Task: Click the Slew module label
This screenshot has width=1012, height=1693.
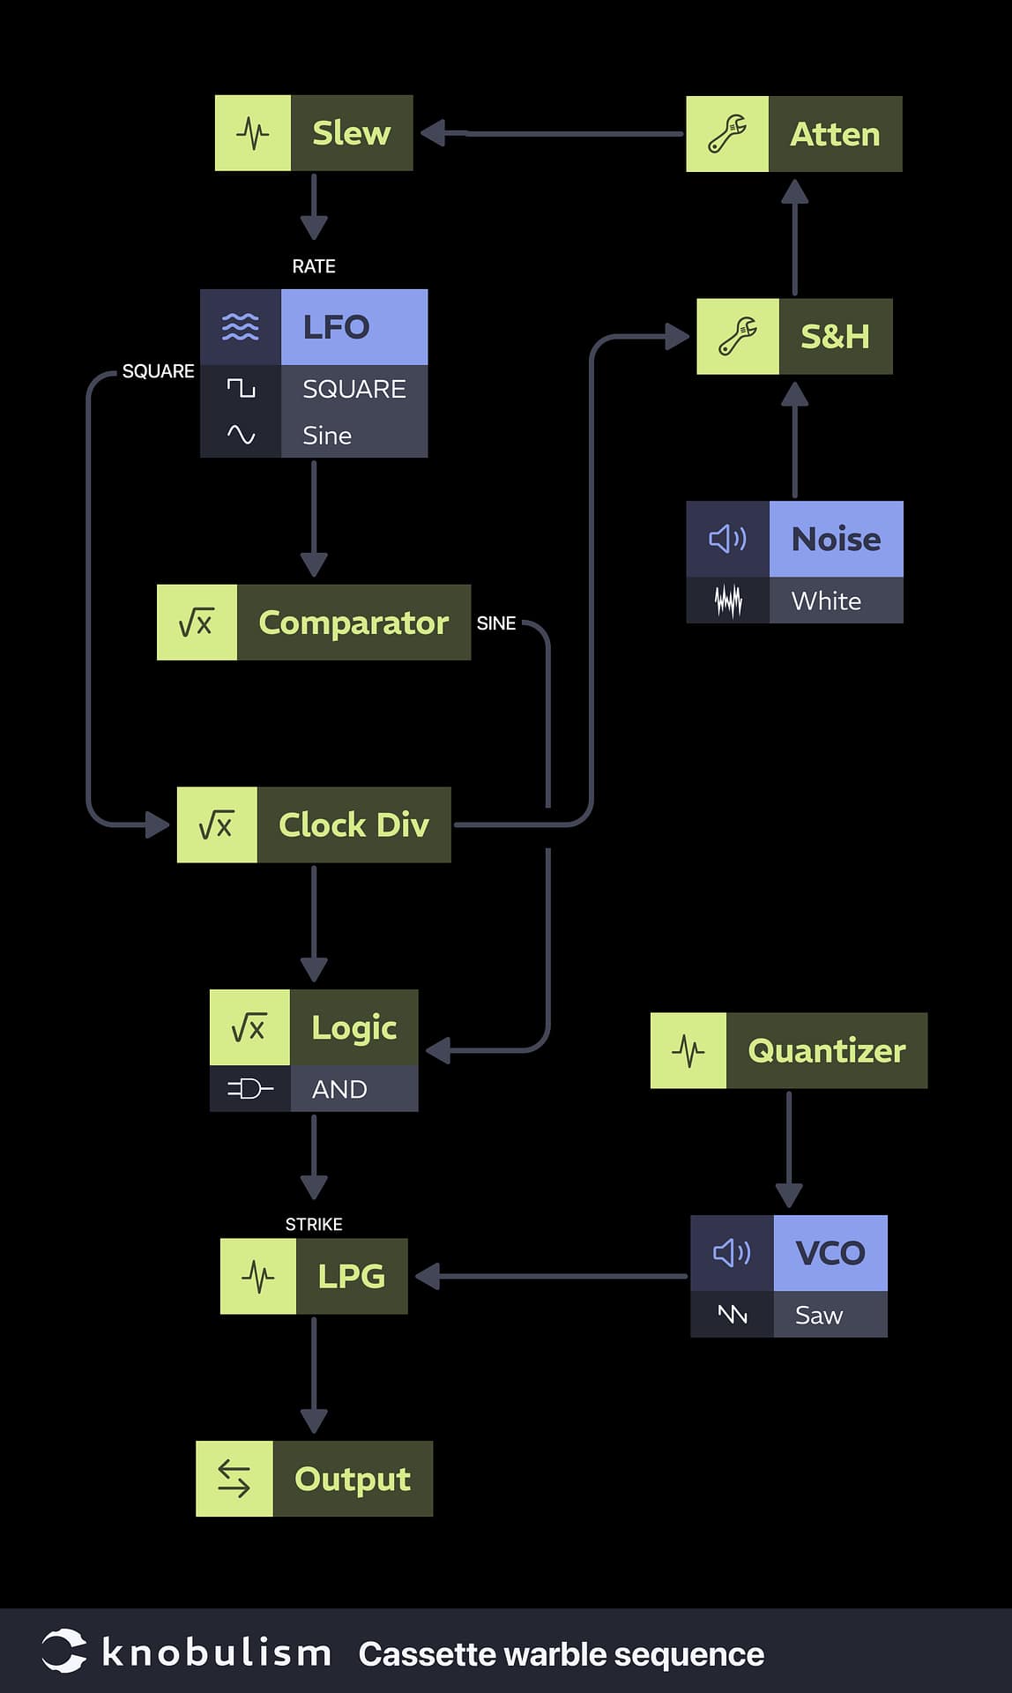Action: point(351,133)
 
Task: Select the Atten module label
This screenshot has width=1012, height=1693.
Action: point(835,134)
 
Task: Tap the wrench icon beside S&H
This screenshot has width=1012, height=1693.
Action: point(738,336)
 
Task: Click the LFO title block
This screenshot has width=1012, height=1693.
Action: point(353,327)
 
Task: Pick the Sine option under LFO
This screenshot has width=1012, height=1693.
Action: point(327,436)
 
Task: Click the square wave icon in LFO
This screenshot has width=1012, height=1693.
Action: point(241,388)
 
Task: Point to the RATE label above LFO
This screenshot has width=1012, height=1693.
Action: point(314,266)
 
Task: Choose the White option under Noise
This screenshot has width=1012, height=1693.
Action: point(826,601)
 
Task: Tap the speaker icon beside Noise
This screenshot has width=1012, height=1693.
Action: point(727,539)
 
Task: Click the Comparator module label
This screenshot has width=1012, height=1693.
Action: point(353,623)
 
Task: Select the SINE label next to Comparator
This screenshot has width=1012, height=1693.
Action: point(496,623)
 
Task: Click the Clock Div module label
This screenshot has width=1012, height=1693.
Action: point(353,825)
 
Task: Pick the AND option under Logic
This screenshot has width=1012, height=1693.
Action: point(339,1089)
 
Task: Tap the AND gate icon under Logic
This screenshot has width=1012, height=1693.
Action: point(249,1089)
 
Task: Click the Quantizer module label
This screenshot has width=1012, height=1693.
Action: point(826,1050)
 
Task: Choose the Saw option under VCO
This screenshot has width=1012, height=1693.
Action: point(819,1315)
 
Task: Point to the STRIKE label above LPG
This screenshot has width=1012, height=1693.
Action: point(314,1224)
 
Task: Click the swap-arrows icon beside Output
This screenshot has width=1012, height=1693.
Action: point(234,1479)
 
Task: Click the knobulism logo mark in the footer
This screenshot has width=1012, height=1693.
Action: point(64,1652)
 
